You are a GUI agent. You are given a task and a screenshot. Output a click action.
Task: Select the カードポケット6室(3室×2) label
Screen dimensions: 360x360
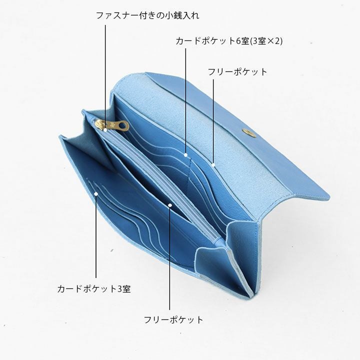(229, 41)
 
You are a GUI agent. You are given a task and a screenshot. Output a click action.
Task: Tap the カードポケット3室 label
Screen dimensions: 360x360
(94, 288)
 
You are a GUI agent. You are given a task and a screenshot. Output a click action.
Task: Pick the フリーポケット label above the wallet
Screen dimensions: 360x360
(237, 71)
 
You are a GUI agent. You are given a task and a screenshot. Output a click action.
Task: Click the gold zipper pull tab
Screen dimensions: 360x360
(116, 125)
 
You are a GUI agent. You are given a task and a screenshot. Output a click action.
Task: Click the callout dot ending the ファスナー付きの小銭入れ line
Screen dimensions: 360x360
(105, 129)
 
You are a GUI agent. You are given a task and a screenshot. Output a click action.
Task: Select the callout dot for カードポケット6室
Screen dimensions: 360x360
(185, 155)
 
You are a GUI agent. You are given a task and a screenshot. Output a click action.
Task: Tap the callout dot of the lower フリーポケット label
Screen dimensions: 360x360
(170, 205)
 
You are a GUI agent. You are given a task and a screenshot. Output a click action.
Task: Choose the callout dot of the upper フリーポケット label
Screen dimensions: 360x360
(213, 163)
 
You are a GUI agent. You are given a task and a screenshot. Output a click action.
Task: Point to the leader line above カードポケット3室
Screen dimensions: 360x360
(95, 240)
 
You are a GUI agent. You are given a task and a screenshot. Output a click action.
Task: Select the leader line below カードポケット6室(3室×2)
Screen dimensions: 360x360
(185, 100)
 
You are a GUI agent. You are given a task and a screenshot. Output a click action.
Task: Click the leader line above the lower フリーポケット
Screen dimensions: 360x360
(170, 260)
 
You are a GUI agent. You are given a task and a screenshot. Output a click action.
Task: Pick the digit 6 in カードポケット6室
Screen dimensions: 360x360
(238, 41)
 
